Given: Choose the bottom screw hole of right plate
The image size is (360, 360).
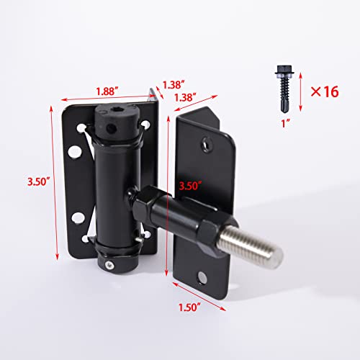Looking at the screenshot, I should [204, 278].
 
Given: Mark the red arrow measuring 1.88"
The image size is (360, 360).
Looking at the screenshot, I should [107, 101].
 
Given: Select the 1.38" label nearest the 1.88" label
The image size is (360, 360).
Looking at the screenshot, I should [172, 84].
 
